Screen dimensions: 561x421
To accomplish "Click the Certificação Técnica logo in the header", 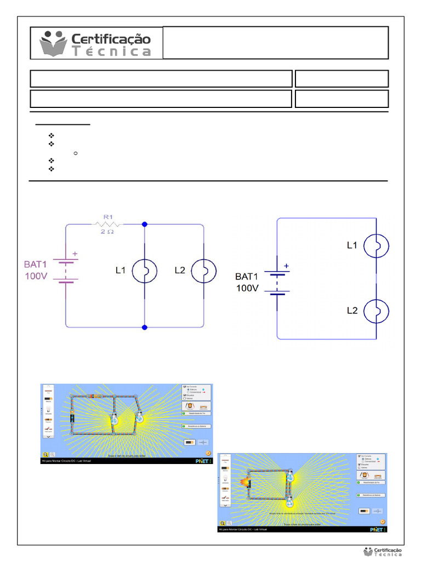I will pyautogui.click(x=96, y=43).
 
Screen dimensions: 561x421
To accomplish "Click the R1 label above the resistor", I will pyautogui.click(x=107, y=217).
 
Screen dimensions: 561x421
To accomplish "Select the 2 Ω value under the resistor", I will pyautogui.click(x=107, y=232).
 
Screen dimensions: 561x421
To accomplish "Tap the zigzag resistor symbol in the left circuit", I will pyautogui.click(x=108, y=224).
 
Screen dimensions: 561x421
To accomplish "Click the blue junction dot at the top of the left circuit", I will pyautogui.click(x=144, y=224).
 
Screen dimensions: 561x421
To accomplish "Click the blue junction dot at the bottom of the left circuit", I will pyautogui.click(x=144, y=327).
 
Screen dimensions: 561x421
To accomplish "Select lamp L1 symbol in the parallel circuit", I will pyautogui.click(x=144, y=271).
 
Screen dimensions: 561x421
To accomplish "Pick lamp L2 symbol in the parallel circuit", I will pyautogui.click(x=204, y=271).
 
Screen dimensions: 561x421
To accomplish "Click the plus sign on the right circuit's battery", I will pyautogui.click(x=286, y=266).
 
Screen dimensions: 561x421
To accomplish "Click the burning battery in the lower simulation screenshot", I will pyautogui.click(x=244, y=482).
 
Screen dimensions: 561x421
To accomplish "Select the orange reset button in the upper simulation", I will pyautogui.click(x=208, y=453).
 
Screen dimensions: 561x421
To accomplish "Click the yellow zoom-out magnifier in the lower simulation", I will pyautogui.click(x=223, y=523).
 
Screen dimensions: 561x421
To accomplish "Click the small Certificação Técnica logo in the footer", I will pyautogui.click(x=383, y=552).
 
